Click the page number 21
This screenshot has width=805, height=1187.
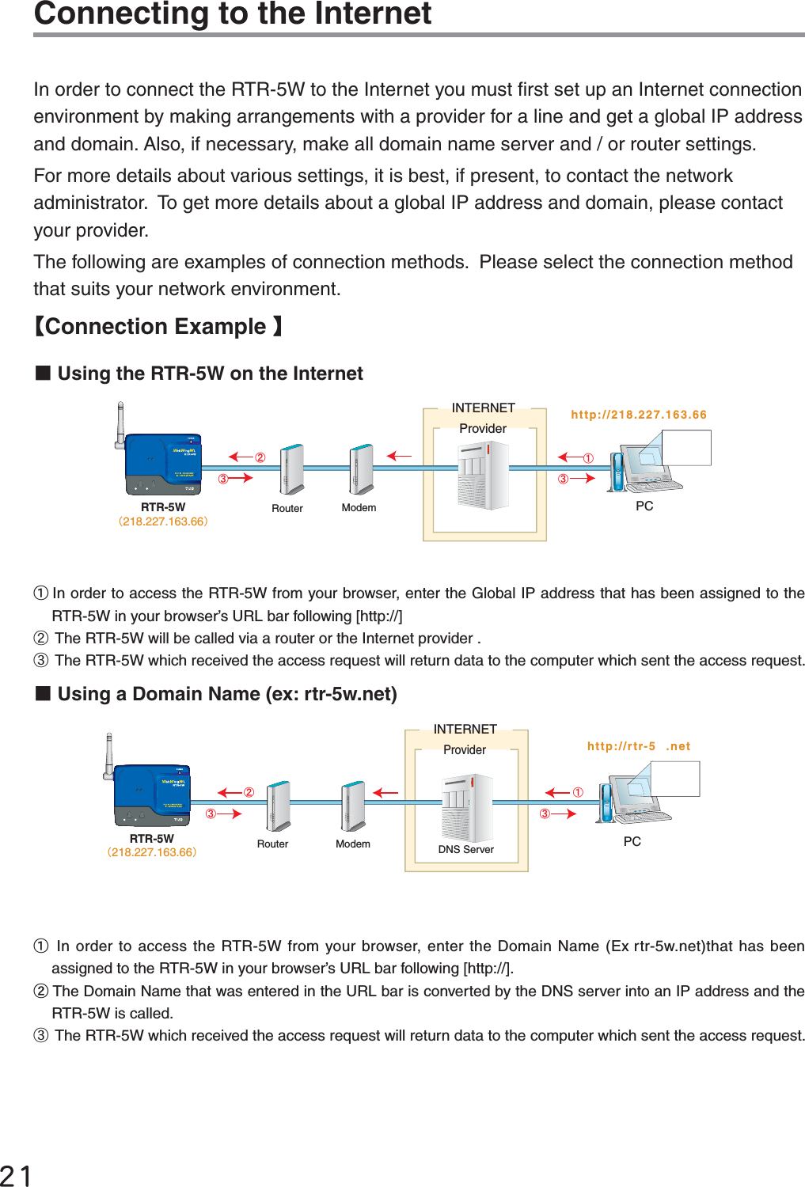tap(16, 1174)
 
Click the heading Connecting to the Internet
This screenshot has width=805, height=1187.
tap(233, 13)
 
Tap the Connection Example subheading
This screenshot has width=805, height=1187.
tap(158, 326)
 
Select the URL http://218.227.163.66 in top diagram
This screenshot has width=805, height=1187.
tap(638, 414)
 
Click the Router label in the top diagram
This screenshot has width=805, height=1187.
tap(287, 508)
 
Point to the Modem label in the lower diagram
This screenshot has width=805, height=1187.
tap(352, 844)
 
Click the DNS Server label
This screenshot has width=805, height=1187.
tap(465, 849)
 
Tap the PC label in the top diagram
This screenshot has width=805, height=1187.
tap(644, 506)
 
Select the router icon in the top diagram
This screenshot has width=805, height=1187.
tap(292, 468)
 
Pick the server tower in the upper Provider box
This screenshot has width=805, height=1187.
tap(484, 475)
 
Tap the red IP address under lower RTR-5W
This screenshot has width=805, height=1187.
tap(152, 852)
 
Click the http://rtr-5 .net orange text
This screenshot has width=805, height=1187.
tap(638, 745)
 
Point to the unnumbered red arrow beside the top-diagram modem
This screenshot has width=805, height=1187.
tap(399, 456)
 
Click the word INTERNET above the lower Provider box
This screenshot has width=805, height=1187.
tap(465, 729)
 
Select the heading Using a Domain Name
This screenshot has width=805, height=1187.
tap(226, 693)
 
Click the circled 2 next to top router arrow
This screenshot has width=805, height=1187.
tap(260, 457)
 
